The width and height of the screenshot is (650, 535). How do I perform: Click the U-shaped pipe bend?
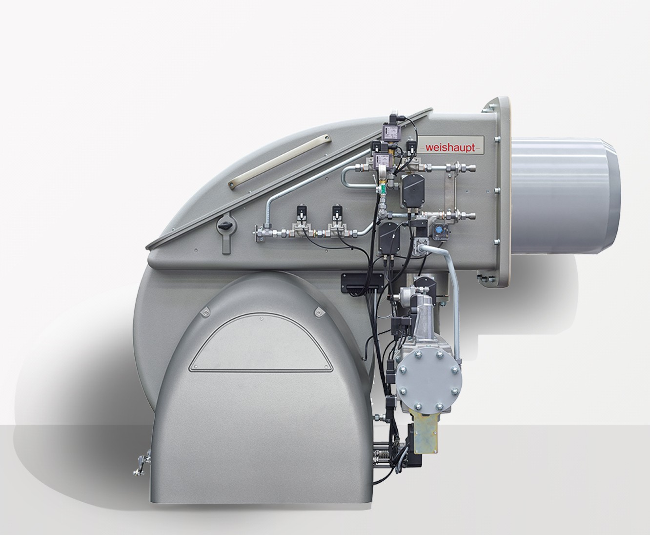point(349,180)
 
